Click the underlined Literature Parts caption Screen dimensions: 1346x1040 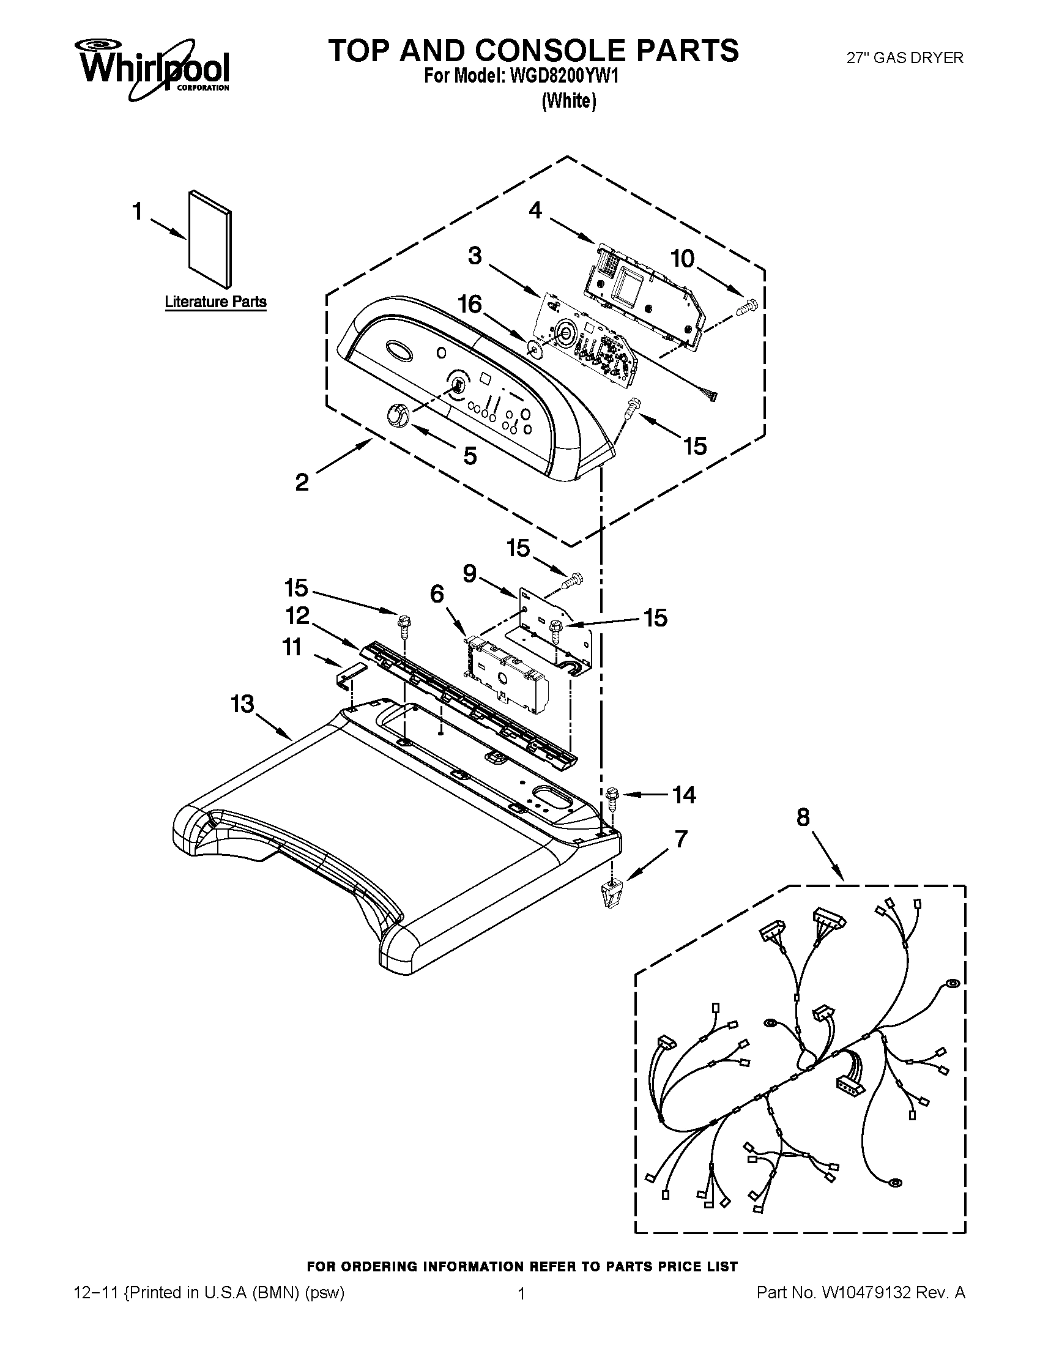[x=215, y=302]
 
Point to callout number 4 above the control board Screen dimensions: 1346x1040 [x=535, y=211]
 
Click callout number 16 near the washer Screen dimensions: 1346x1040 [x=470, y=305]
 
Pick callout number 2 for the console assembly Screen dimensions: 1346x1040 [x=301, y=482]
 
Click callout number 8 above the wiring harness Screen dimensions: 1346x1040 [x=802, y=818]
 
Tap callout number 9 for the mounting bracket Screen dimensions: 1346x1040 [x=469, y=574]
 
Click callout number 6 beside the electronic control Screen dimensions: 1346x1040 [x=436, y=594]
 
